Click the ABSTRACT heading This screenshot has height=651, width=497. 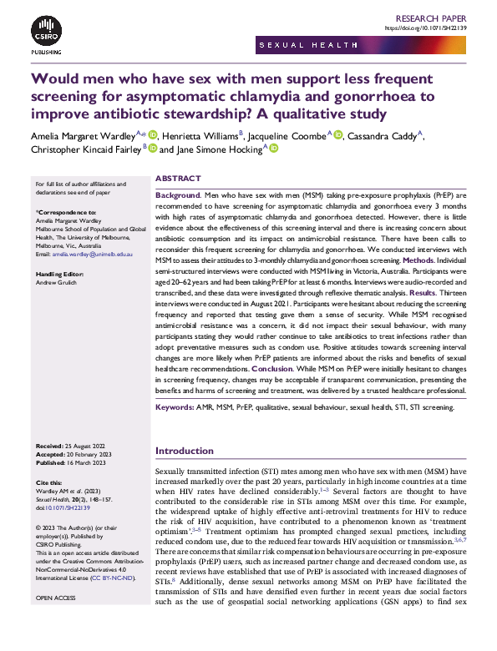pyautogui.click(x=178, y=179)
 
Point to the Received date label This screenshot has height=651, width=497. pyautogui.click(x=53, y=447)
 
